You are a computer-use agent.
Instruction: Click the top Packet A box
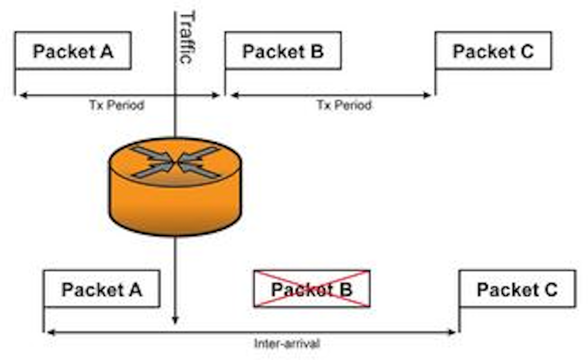coord(73,51)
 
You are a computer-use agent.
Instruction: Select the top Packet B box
coord(283,51)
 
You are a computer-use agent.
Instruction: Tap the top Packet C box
coord(493,51)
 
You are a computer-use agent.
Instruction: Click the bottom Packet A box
coord(101,289)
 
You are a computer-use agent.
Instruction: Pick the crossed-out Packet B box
coord(312,289)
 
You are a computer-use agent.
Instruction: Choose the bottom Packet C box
coord(517,289)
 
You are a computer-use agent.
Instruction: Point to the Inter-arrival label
coord(287,343)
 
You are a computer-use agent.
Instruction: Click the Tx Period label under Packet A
coord(117,105)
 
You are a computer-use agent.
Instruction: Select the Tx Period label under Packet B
coord(344,105)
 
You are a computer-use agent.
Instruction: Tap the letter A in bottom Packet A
coord(135,289)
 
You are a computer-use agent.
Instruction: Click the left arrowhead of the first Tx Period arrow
coord(23,96)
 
